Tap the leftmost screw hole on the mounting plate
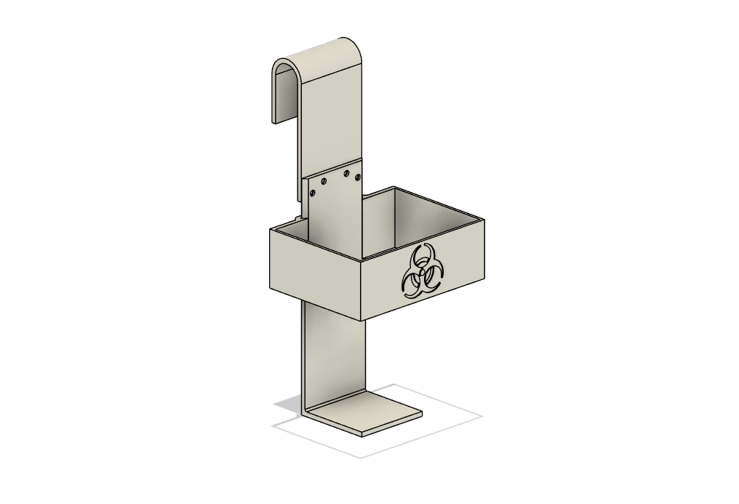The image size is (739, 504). point(313,193)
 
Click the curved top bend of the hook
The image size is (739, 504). point(320,52)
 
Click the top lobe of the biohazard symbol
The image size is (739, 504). point(420,257)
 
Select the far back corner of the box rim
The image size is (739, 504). point(396,187)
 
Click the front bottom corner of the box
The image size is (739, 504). point(363,321)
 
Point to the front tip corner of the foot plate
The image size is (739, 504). point(362,436)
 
